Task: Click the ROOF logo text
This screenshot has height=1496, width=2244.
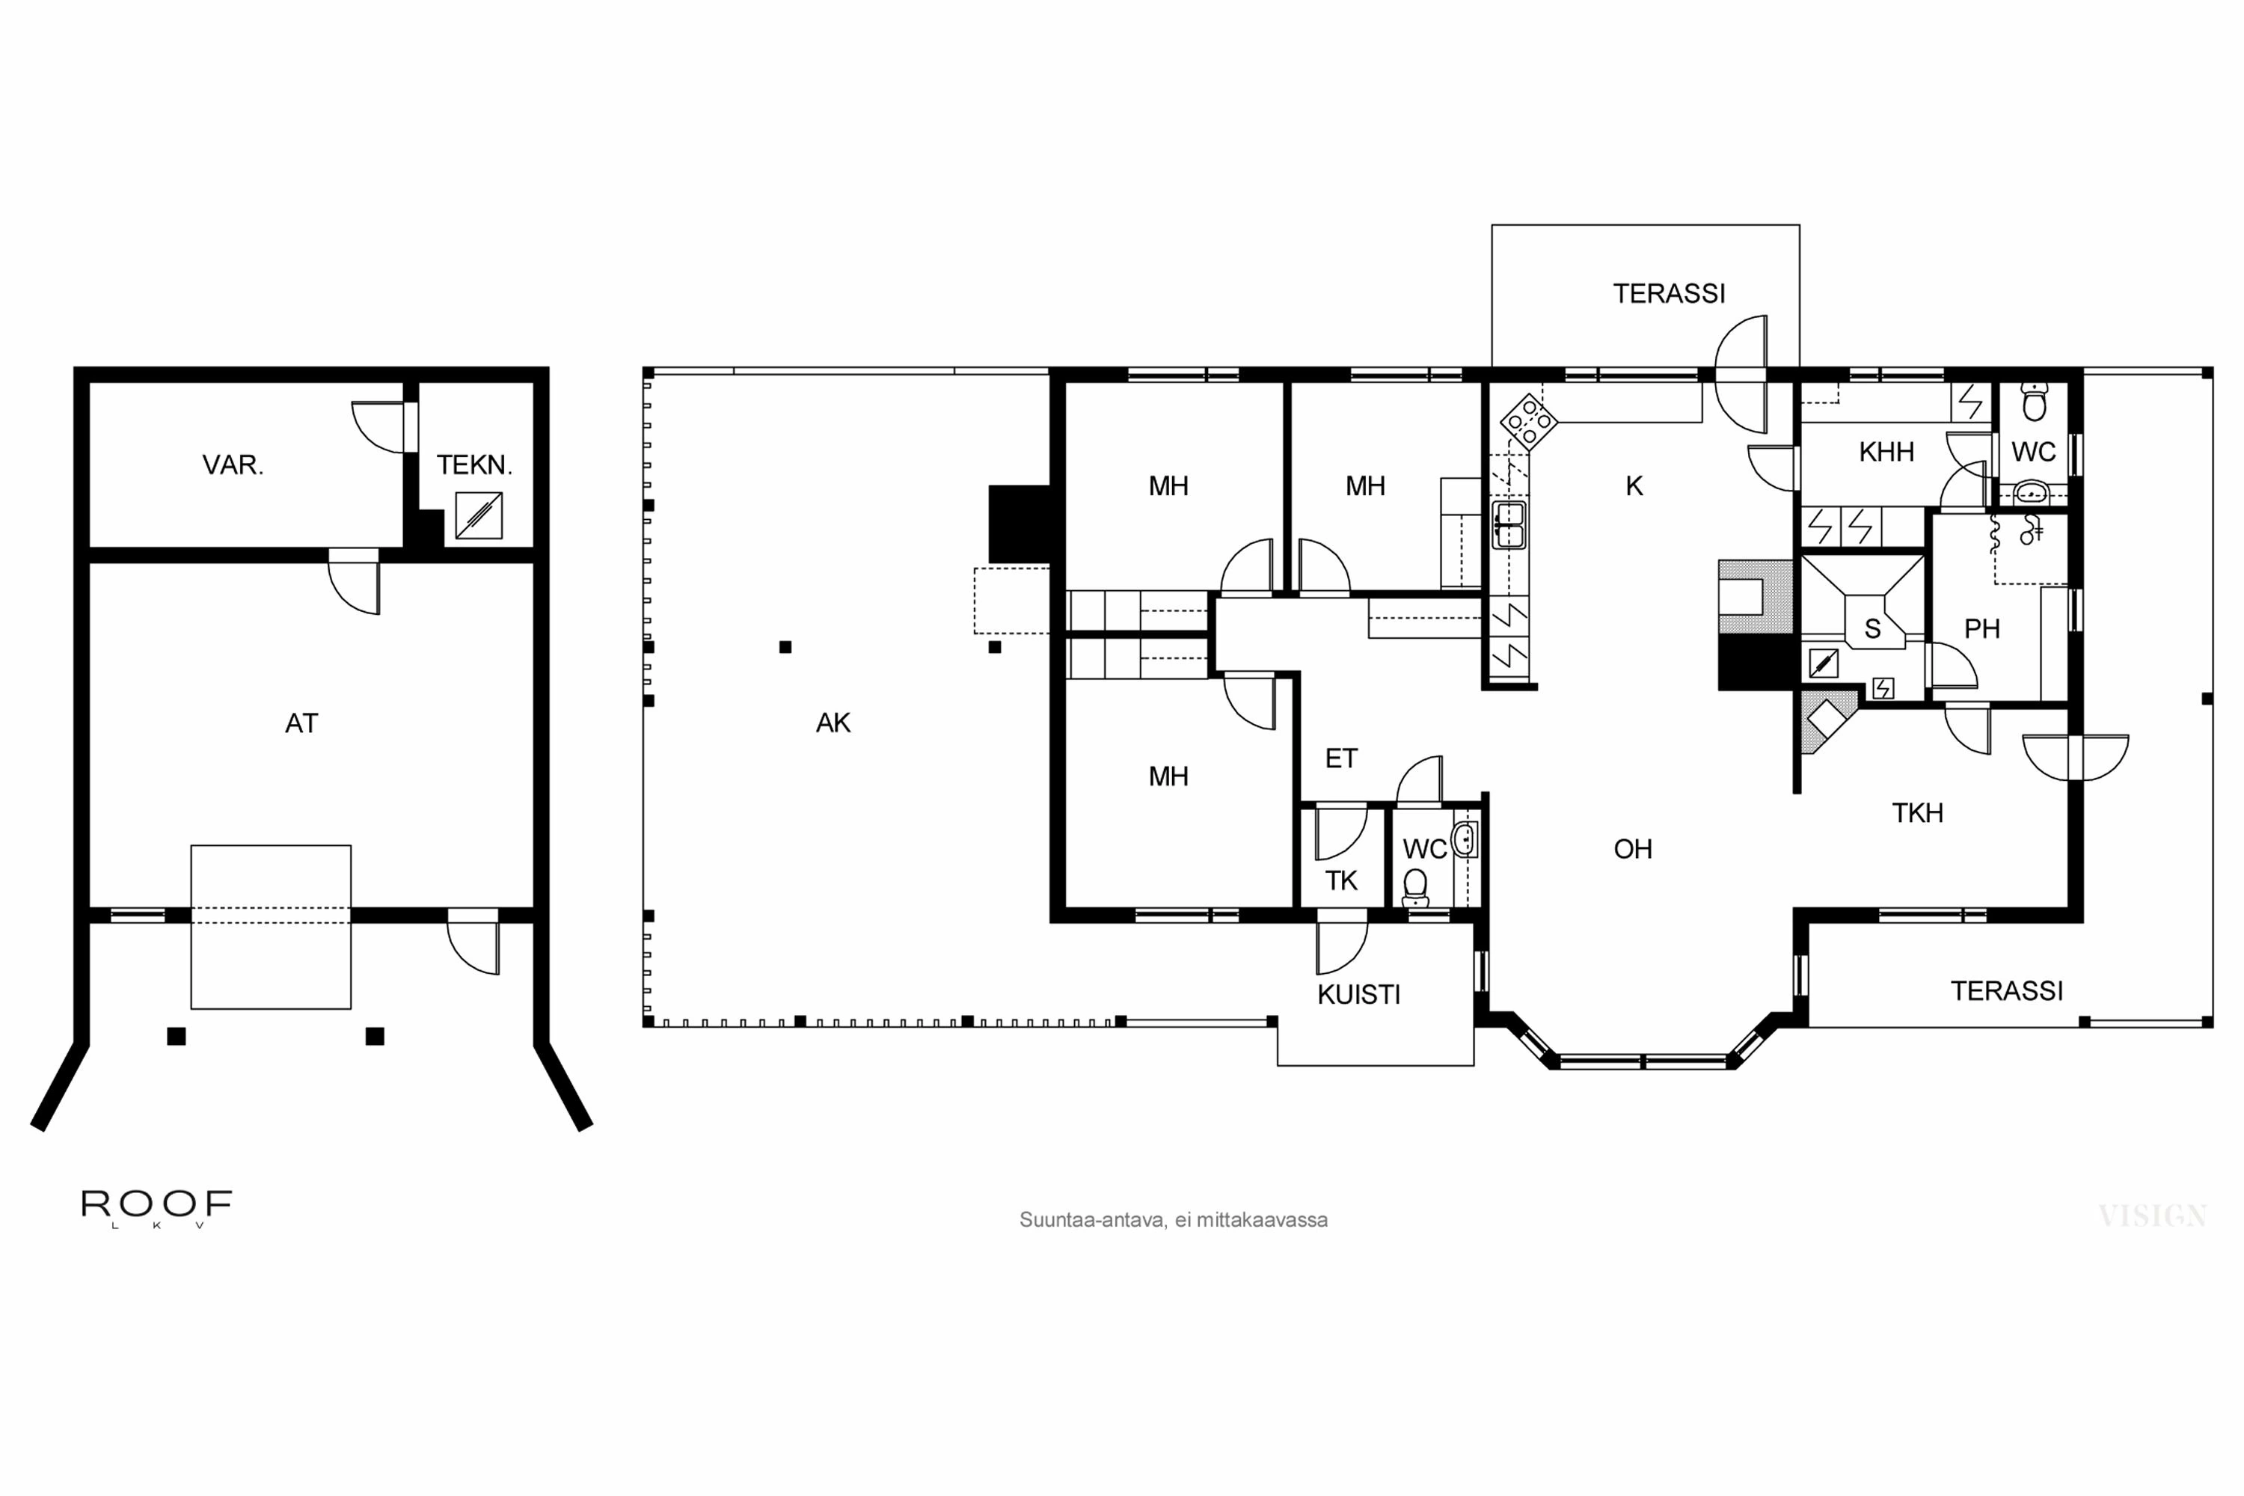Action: pos(156,1204)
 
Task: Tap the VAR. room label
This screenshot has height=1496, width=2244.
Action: pos(233,465)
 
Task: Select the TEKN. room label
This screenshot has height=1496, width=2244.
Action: pos(474,465)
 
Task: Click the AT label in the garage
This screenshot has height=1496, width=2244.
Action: pos(301,723)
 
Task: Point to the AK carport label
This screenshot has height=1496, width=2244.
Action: pos(833,723)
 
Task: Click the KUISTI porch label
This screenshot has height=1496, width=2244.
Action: pos(1358,995)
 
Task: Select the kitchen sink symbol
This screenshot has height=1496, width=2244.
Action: pos(1509,525)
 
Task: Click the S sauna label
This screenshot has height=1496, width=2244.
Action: pos(1872,630)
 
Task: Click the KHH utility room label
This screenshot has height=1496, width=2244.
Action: pos(1886,453)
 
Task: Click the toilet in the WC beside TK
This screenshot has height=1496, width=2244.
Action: pos(1416,887)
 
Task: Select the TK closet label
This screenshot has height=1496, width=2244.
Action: pos(1340,880)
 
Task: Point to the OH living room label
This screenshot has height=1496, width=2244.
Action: pos(1632,849)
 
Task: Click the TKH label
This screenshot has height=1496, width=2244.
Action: pos(1918,813)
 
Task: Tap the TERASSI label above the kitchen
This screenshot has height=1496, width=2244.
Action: pos(1669,294)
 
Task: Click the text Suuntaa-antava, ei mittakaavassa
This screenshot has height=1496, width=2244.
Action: pos(1173,1220)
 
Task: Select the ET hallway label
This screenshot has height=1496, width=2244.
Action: pos(1340,758)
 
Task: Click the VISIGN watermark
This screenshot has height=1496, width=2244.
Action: pos(2153,1216)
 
